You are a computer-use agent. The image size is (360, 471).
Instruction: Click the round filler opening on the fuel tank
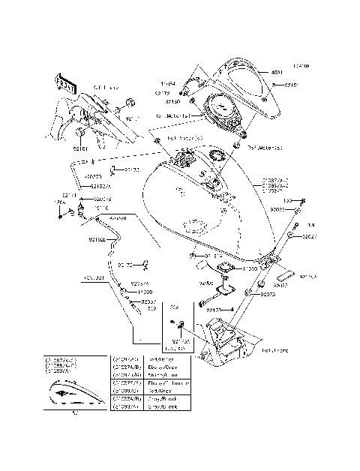point(218,157)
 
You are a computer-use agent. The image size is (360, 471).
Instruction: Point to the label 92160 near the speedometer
point(173,100)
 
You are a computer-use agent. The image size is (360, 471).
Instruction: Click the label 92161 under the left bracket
point(80,149)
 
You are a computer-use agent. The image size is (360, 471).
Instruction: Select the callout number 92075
point(269,295)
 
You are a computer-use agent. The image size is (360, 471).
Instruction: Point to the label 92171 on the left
point(70,195)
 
